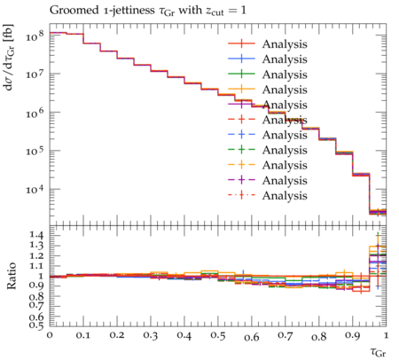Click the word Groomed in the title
(x=74, y=11)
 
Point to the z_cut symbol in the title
(x=215, y=12)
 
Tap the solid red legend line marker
(x=241, y=43)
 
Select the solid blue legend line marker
(x=241, y=59)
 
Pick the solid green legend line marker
(x=241, y=74)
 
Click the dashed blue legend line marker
(x=241, y=135)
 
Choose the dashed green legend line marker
(x=241, y=150)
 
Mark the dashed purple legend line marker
(x=241, y=180)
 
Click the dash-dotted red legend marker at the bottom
(x=241, y=195)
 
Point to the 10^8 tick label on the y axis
(x=35, y=37)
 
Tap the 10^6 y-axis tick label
(x=35, y=113)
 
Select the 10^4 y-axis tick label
(x=35, y=189)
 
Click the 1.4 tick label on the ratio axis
(x=36, y=235)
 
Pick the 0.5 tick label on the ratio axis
(x=36, y=325)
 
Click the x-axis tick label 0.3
(x=151, y=335)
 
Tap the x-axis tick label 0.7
(x=286, y=335)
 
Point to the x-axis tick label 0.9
(x=353, y=335)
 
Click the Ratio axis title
(x=12, y=276)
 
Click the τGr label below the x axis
(x=378, y=353)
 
